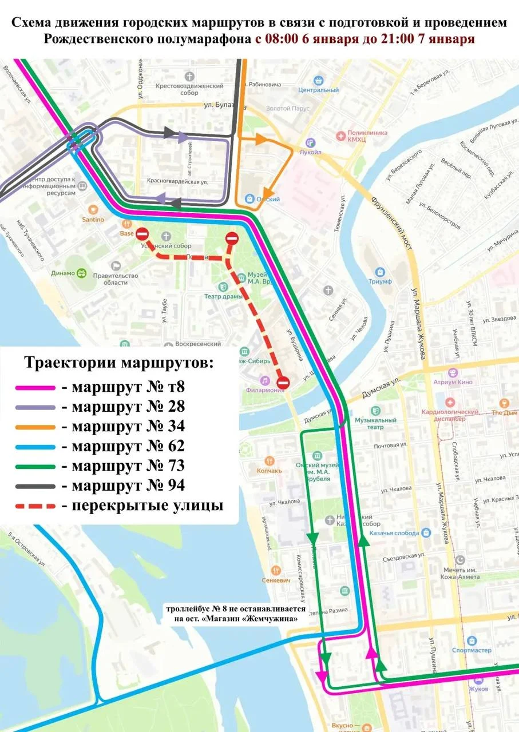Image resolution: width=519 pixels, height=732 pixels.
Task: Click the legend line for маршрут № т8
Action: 35,388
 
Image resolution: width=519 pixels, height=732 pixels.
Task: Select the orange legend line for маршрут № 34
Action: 35,427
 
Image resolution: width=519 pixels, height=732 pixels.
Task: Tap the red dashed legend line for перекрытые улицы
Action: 35,506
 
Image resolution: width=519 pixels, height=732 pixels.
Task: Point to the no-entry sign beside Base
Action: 143,234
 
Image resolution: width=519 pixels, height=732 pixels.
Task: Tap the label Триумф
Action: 380,281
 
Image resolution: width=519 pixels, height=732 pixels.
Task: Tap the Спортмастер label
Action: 472,650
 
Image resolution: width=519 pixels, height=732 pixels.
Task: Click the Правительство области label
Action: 121,279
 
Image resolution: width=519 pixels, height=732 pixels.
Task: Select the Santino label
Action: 93,220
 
